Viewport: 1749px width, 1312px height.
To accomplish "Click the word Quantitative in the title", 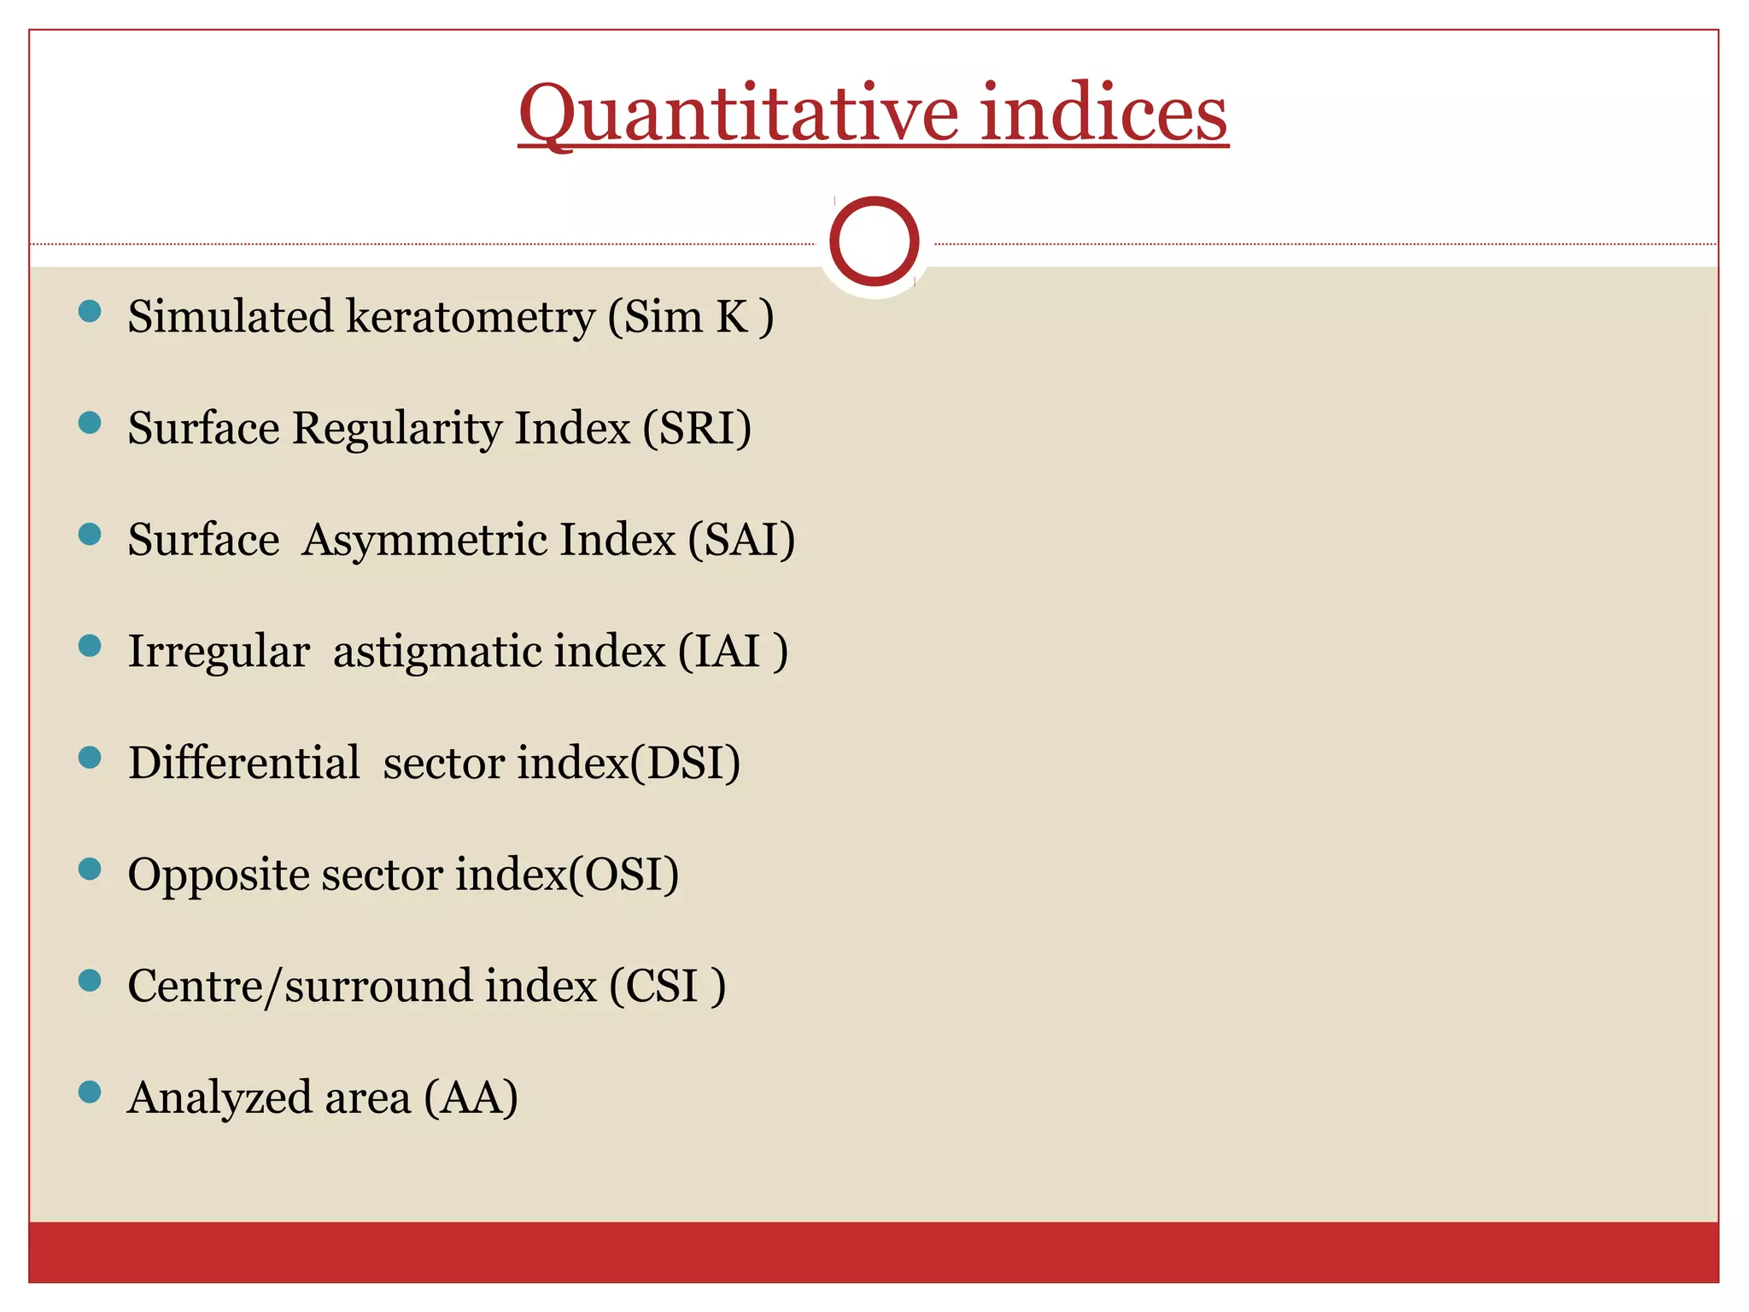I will (739, 114).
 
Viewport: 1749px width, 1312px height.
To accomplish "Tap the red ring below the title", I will (874, 241).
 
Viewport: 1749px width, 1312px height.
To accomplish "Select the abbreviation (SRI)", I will (697, 428).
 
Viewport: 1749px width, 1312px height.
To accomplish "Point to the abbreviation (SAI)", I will (741, 540).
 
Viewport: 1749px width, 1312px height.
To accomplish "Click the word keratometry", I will (470, 318).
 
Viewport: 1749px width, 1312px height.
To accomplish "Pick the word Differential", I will (243, 763).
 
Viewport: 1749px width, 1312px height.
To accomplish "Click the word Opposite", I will (218, 876).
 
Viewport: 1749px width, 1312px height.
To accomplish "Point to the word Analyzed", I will (219, 1098).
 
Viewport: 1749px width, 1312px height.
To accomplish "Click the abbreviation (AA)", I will (471, 1098).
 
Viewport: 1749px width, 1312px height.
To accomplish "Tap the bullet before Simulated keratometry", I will (90, 311).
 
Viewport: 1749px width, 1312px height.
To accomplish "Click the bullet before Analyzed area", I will (90, 1092).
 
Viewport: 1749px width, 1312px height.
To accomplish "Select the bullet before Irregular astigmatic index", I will (90, 646).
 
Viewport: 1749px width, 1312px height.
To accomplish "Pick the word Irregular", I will (218, 652).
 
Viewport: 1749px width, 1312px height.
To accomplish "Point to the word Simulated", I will (231, 317).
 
